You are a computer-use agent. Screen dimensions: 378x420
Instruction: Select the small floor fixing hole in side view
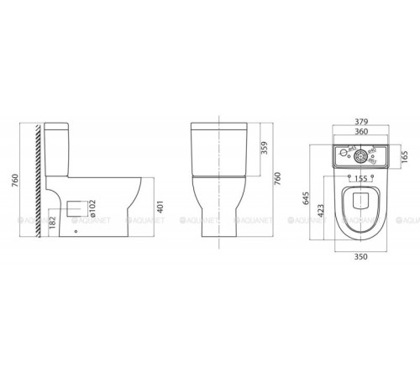pos(77,232)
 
